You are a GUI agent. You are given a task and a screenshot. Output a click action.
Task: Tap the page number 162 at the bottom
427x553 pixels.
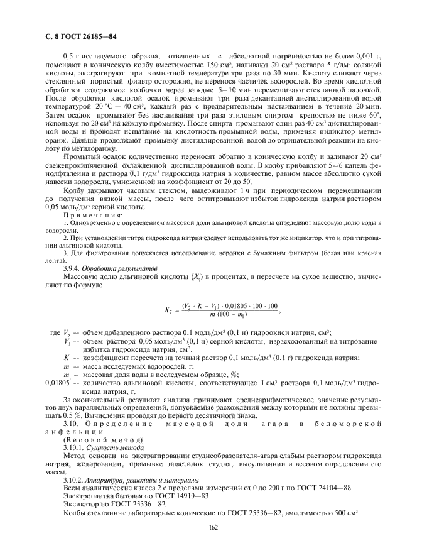(x=213, y=527)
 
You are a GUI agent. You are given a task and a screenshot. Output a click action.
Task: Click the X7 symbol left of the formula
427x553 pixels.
(x=168, y=309)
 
